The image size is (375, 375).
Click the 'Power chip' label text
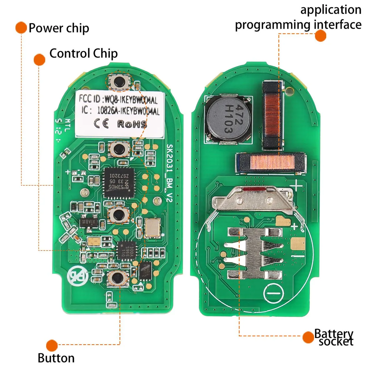[x=59, y=28]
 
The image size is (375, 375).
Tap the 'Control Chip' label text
[x=83, y=53]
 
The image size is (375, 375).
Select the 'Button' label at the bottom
[x=56, y=358]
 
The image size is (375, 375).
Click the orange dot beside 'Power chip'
[x=21, y=27]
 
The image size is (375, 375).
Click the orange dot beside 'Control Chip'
[x=39, y=59]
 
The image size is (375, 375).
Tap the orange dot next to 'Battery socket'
[x=308, y=337]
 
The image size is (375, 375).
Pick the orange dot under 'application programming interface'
[x=320, y=36]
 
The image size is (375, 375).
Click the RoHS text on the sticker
[x=132, y=124]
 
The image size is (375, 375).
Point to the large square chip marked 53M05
[x=118, y=182]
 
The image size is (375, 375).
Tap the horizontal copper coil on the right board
[x=271, y=162]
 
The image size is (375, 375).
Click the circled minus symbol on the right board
[x=274, y=294]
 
